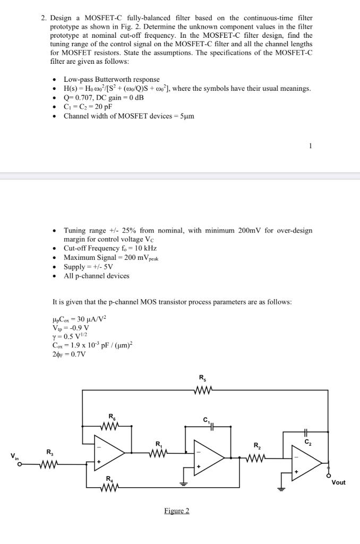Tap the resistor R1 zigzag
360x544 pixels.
pyautogui.click(x=158, y=454)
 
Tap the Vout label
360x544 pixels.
pyautogui.click(x=338, y=482)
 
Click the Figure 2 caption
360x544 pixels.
pyautogui.click(x=176, y=511)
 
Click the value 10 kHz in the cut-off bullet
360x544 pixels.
pyautogui.click(x=146, y=248)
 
